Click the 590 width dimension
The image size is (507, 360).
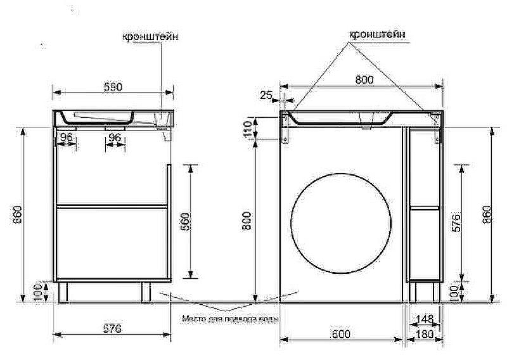113,87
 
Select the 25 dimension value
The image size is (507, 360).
266,95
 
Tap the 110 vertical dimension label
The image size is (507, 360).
247,129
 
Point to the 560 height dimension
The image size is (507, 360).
186,222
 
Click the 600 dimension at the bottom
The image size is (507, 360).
341,333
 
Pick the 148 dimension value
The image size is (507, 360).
425,319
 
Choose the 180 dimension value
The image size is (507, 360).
424,334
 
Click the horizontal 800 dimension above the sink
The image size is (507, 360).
364,80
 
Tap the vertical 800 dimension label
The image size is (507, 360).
247,221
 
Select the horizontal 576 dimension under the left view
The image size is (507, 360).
112,328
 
